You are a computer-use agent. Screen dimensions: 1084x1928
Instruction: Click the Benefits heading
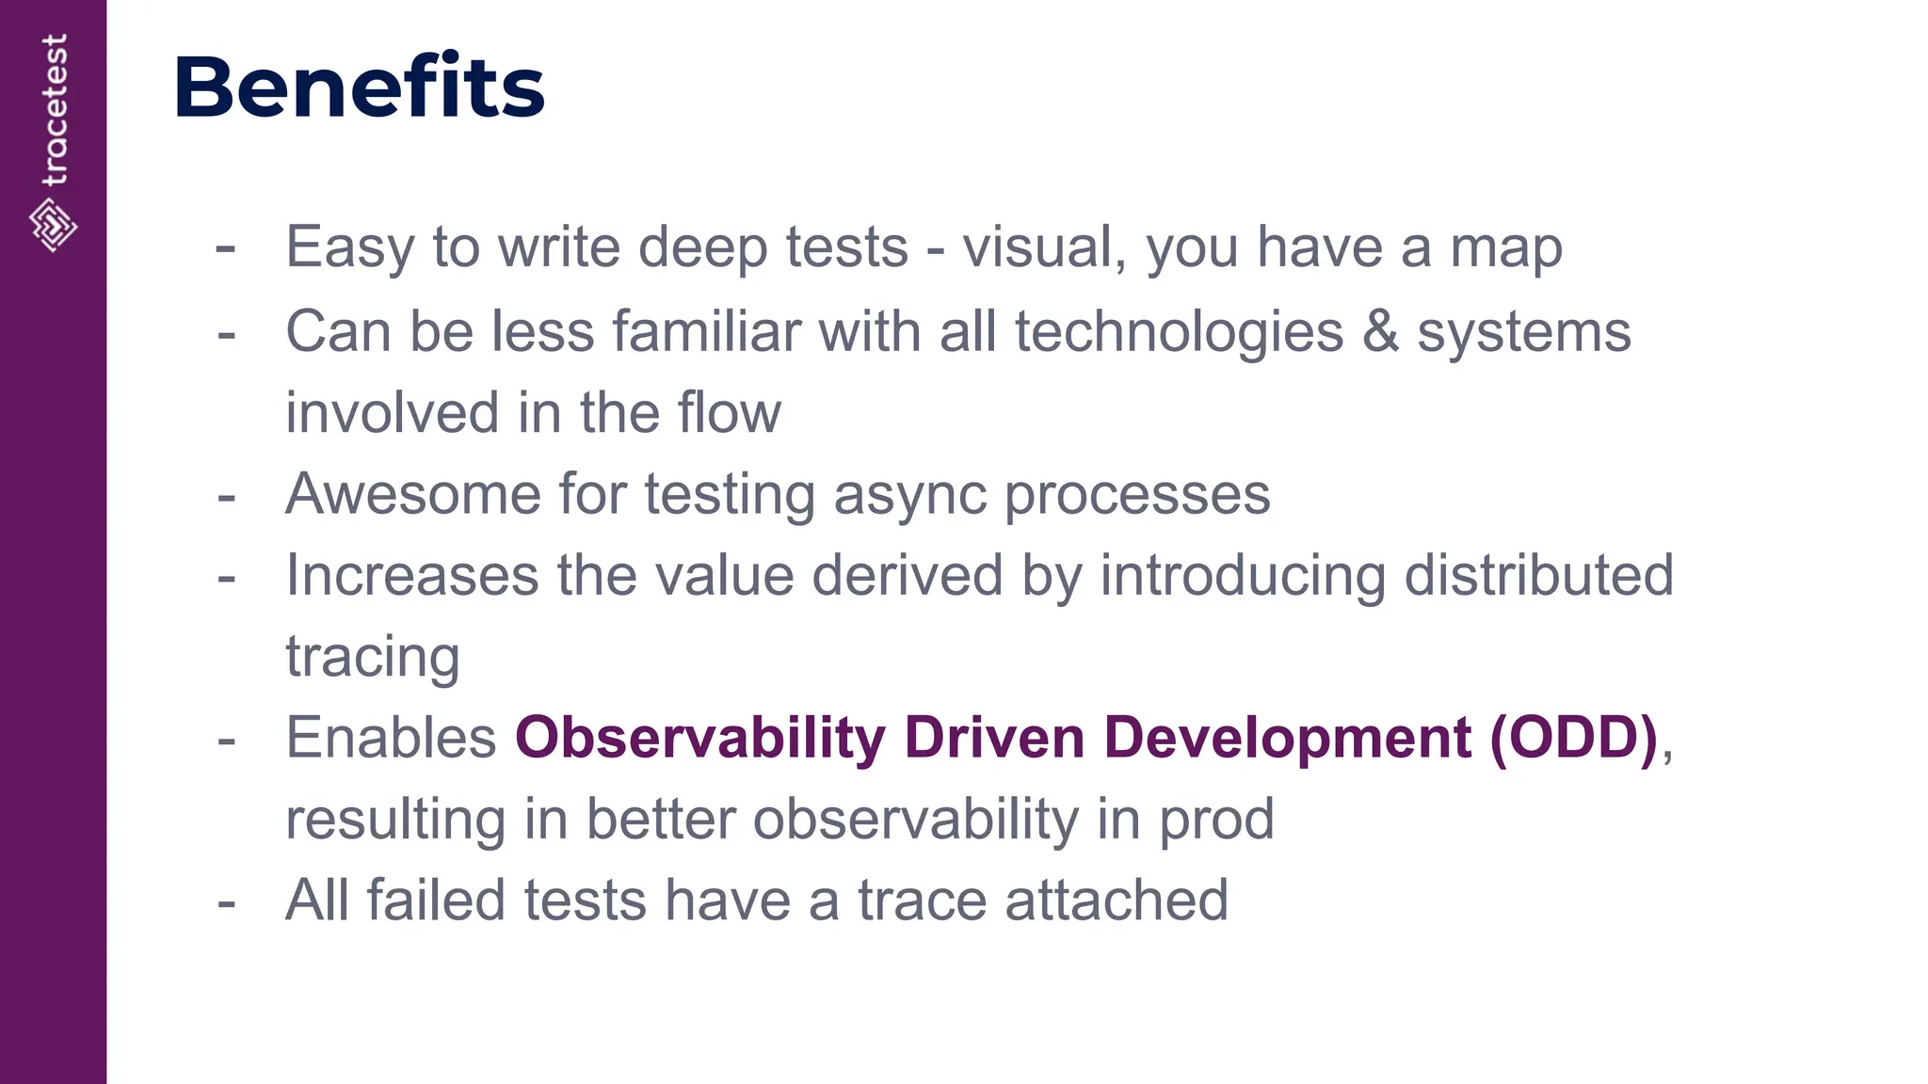pyautogui.click(x=359, y=88)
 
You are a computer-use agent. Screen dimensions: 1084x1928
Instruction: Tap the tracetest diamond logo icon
pyautogui.click(x=53, y=225)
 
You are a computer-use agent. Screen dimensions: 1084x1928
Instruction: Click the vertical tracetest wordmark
pyautogui.click(x=55, y=110)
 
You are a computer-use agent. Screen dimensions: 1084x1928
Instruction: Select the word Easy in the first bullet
pyautogui.click(x=349, y=247)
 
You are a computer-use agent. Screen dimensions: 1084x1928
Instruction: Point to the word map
pyautogui.click(x=1505, y=247)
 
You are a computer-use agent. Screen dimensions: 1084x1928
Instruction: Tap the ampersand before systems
pyautogui.click(x=1379, y=332)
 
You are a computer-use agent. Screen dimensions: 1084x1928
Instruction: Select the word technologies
pyautogui.click(x=1179, y=332)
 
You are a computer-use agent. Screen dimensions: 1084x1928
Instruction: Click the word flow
pyautogui.click(x=729, y=413)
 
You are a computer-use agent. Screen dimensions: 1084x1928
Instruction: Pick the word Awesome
pyautogui.click(x=413, y=494)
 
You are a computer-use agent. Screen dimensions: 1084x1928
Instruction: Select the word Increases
pyautogui.click(x=412, y=575)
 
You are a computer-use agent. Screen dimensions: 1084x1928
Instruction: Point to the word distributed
pyautogui.click(x=1538, y=575)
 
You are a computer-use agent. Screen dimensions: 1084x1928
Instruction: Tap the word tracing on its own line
pyautogui.click(x=373, y=658)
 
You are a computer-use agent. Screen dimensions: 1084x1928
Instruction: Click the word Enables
pyautogui.click(x=391, y=737)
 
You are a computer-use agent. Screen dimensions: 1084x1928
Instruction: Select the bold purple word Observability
pyautogui.click(x=699, y=737)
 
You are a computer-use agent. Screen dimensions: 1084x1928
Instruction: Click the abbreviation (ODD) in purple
pyautogui.click(x=1573, y=737)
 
